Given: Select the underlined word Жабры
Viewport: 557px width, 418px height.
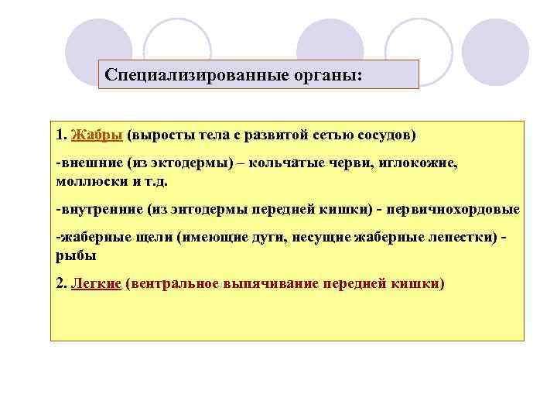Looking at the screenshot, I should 97,135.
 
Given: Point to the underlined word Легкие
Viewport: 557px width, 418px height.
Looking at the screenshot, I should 96,283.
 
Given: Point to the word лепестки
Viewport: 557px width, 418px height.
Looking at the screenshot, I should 456,239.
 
